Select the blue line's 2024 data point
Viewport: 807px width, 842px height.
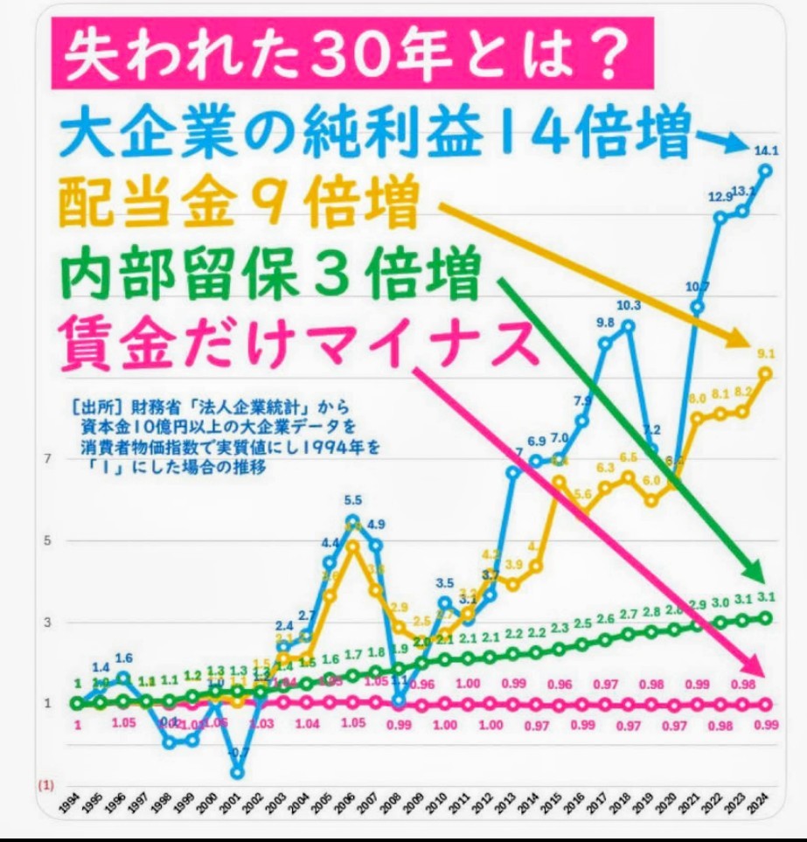(766, 170)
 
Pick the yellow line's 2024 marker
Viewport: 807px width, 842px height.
(766, 373)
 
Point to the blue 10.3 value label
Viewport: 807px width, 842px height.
(627, 305)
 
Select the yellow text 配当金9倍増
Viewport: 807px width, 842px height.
(236, 206)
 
